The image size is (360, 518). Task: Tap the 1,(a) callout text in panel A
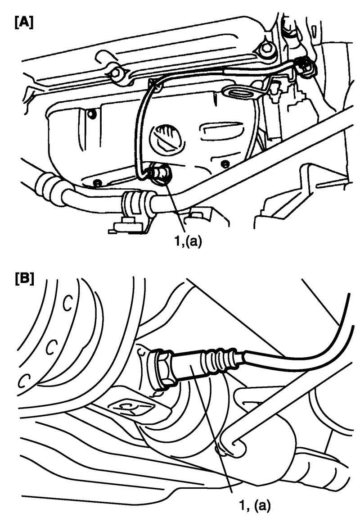click(x=187, y=242)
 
